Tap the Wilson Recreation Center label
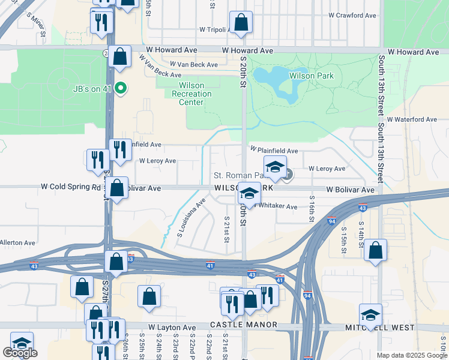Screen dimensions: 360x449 pyautogui.click(x=191, y=94)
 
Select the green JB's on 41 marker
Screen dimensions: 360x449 pyautogui.click(x=121, y=89)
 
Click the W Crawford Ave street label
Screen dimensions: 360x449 pyautogui.click(x=352, y=16)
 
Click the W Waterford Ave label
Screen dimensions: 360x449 pyautogui.click(x=412, y=119)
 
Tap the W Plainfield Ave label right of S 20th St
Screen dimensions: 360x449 pyautogui.click(x=274, y=151)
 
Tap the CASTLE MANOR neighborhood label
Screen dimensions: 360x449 pyautogui.click(x=244, y=325)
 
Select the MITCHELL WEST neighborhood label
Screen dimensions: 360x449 pyautogui.click(x=380, y=328)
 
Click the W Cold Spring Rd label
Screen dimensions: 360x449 pyautogui.click(x=70, y=187)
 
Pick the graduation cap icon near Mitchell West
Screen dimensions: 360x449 pyautogui.click(x=371, y=314)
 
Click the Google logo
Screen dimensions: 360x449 pyautogui.click(x=20, y=353)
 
